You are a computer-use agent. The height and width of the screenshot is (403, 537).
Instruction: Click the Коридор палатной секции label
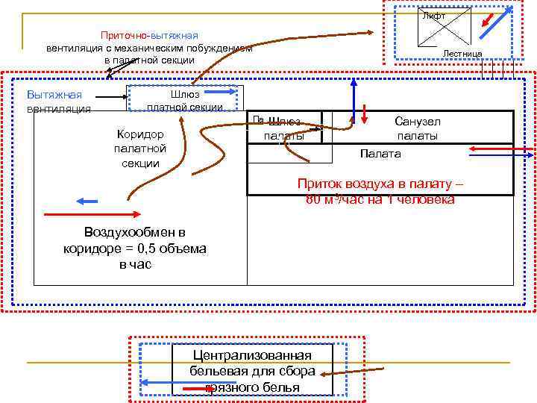[140, 148]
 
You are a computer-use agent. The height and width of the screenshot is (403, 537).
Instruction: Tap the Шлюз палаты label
[284, 128]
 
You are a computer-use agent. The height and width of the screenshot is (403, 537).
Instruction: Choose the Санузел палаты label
[418, 128]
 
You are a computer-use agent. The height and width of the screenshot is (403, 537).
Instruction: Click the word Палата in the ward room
[380, 153]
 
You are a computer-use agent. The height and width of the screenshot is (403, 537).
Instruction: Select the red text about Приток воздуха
[380, 191]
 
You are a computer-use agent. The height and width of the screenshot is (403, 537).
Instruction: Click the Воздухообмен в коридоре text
[135, 248]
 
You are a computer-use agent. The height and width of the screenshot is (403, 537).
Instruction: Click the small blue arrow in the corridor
[87, 201]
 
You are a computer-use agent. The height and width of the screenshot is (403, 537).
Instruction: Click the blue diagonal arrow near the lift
[494, 23]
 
